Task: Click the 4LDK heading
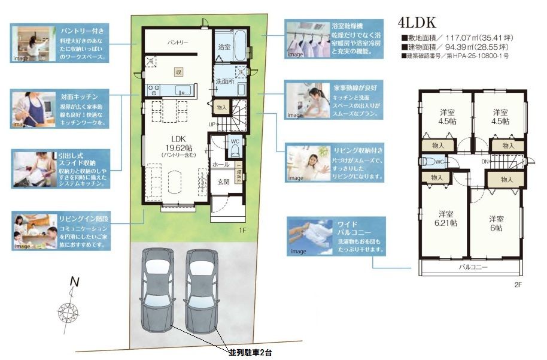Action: coord(418,23)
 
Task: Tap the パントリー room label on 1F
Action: coord(178,43)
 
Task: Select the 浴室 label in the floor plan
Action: coord(224,46)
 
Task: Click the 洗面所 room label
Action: coord(224,81)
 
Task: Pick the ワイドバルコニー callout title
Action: coord(348,228)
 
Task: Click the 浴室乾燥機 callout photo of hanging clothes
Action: coord(306,40)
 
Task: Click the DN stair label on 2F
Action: coord(485,162)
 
